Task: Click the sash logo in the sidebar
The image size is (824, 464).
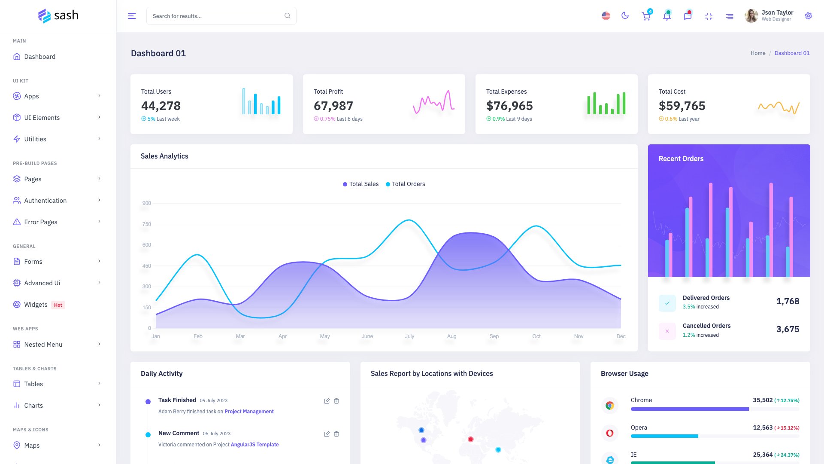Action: click(x=58, y=16)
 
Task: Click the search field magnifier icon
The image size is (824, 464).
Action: click(x=287, y=16)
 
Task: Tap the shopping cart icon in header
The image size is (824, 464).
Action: click(x=645, y=16)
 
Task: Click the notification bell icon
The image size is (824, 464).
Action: click(x=666, y=16)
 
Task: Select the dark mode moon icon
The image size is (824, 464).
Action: click(x=625, y=16)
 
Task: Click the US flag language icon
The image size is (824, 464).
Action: click(x=606, y=16)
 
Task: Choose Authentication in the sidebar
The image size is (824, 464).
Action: click(x=45, y=201)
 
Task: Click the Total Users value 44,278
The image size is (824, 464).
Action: click(x=161, y=106)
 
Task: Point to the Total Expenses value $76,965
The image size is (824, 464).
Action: click(x=509, y=106)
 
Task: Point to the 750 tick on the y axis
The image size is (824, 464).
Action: click(x=146, y=224)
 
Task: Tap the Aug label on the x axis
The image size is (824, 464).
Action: click(x=451, y=336)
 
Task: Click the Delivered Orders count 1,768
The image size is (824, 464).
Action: click(x=788, y=301)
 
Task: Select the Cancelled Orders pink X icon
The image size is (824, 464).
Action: click(x=667, y=331)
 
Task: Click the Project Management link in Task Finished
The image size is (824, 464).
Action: click(x=249, y=412)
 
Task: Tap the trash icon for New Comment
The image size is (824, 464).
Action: click(x=336, y=434)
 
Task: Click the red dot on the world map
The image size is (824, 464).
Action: click(x=470, y=439)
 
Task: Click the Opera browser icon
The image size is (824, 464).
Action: click(x=609, y=433)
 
